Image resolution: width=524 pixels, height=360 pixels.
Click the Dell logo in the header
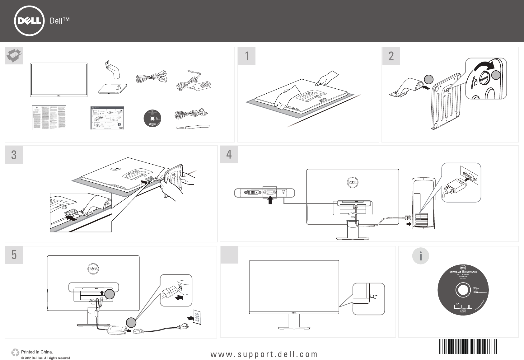pos(29,21)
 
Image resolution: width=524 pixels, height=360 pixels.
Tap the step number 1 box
pos(247,56)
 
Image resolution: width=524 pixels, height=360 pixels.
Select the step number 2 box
pos(391,56)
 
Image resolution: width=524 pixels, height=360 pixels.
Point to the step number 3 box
pos(14,155)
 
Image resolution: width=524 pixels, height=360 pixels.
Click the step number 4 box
pos(229,155)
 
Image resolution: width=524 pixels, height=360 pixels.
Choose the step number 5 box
pos(14,255)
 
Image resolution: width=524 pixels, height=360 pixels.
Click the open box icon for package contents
pos(14,56)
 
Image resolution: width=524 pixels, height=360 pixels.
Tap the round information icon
pos(421,256)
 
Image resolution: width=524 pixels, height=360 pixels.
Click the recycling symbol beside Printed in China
pos(15,352)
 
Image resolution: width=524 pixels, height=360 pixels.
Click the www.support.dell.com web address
pos(264,354)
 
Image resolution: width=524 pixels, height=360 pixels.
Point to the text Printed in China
pos(37,352)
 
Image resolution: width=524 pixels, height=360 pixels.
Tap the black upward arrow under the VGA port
pos(270,201)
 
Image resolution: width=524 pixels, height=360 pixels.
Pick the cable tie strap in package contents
pos(193,127)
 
